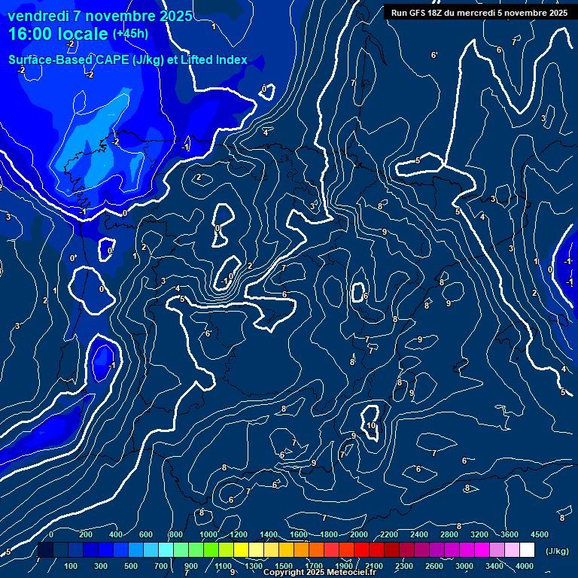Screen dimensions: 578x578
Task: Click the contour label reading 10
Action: click(x=371, y=425)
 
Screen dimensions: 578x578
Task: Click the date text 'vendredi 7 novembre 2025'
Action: click(x=99, y=16)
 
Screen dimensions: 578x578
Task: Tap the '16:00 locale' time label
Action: click(x=59, y=34)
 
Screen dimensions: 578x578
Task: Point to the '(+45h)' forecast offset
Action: click(x=130, y=34)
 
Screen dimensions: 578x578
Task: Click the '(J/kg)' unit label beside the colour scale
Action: click(x=556, y=552)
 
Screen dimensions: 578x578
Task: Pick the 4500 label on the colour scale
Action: click(x=540, y=534)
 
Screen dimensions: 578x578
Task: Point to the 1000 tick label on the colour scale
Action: click(x=208, y=534)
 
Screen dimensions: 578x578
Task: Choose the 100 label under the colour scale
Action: click(x=71, y=566)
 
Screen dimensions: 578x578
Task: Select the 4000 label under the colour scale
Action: click(x=525, y=566)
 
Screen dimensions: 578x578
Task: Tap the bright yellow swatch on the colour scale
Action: click(x=256, y=550)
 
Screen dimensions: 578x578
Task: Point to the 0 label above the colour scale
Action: click(x=51, y=534)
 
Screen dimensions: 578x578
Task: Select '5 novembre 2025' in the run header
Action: click(x=530, y=12)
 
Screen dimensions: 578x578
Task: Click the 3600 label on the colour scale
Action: click(x=510, y=534)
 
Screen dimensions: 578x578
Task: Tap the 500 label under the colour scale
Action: click(x=131, y=566)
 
